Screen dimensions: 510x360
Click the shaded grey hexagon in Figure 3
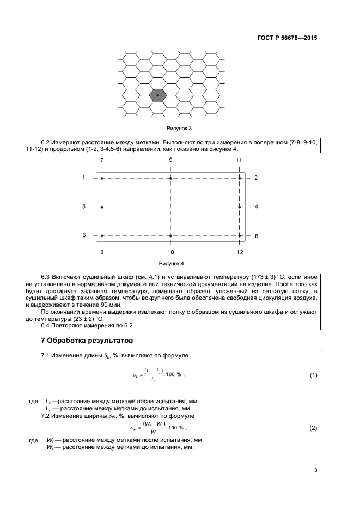click(158, 95)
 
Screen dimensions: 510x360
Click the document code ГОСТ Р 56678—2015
click(287, 38)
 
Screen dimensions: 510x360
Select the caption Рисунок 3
click(179, 129)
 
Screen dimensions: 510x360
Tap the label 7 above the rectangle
click(102, 160)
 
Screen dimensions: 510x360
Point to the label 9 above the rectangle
click(170, 160)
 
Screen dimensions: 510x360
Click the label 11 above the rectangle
click(239, 160)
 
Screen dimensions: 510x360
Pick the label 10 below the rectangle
click(170, 252)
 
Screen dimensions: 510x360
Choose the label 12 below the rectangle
click(239, 252)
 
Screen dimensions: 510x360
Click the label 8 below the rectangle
click(102, 252)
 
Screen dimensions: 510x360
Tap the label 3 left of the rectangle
click(84, 207)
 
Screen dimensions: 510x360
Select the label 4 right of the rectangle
click(256, 207)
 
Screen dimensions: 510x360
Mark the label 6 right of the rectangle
click(256, 235)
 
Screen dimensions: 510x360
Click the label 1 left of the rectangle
click(84, 178)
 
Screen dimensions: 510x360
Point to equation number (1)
click(313, 375)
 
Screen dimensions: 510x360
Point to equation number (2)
click(313, 428)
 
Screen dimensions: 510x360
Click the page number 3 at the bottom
click(315, 470)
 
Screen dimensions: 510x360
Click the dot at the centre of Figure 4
click(170, 207)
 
